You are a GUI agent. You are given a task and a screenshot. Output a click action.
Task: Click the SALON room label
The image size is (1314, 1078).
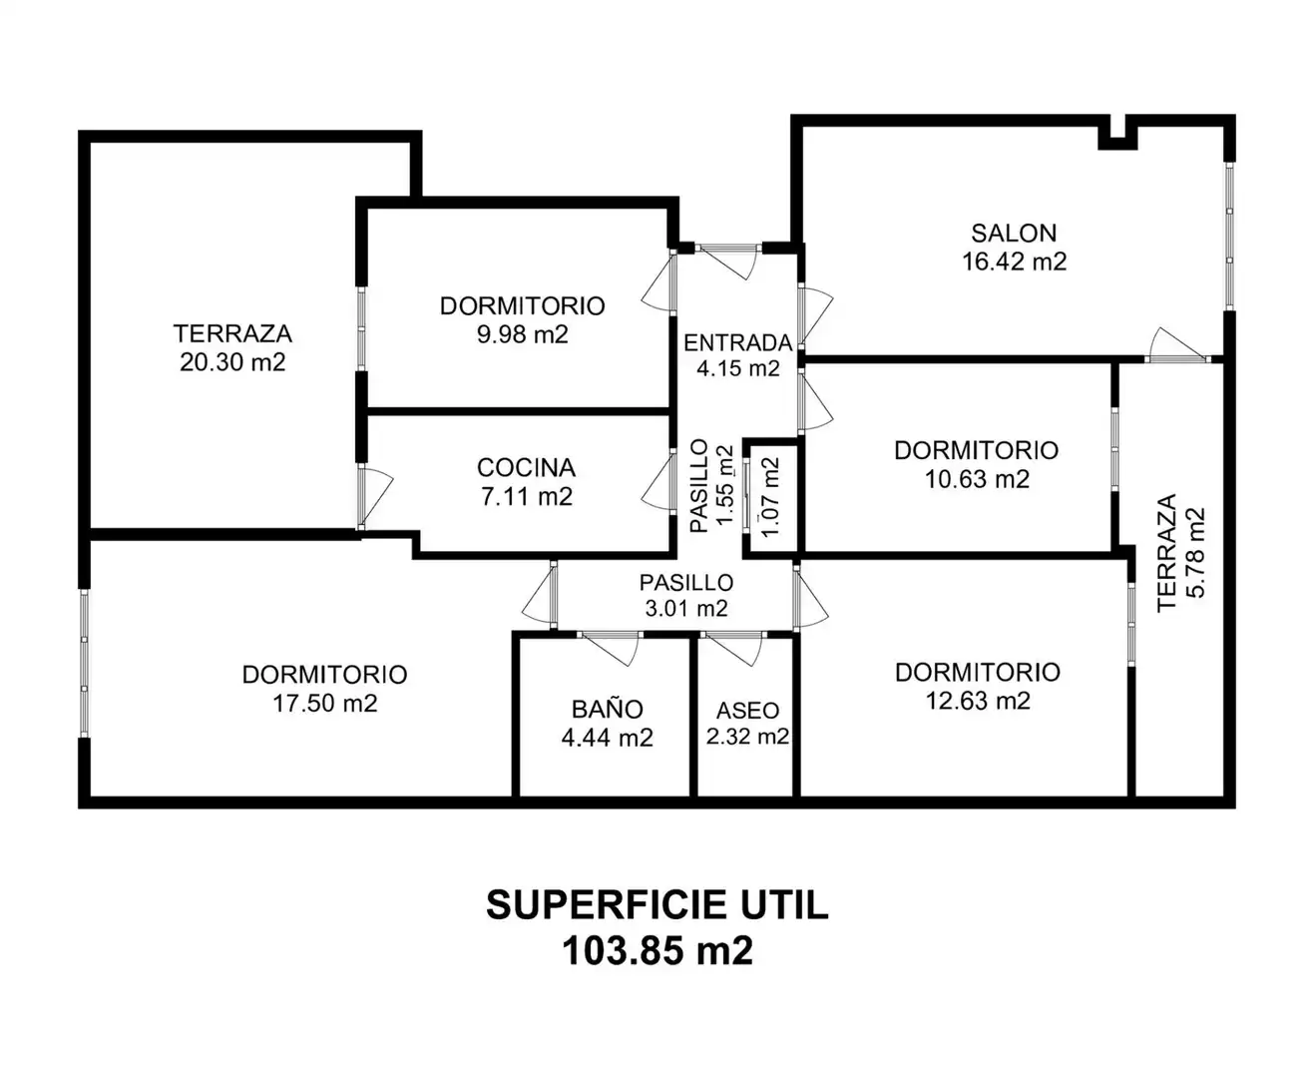pos(1014,234)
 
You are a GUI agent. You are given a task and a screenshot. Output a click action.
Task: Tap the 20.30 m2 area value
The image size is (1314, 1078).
pos(232,362)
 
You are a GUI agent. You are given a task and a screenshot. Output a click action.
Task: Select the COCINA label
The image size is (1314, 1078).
pos(526,467)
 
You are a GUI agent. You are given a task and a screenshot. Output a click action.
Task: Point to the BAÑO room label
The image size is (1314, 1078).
pos(607,708)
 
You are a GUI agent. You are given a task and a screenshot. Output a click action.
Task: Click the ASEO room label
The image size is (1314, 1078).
pos(747,710)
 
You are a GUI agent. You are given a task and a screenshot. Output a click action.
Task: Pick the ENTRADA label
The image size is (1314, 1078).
pos(737,343)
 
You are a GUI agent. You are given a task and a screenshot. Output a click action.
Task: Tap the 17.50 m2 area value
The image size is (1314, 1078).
pos(324,704)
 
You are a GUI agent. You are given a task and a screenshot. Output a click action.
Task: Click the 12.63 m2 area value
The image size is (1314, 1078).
pos(978,701)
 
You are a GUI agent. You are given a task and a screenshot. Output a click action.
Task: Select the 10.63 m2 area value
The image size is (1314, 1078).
pos(977,479)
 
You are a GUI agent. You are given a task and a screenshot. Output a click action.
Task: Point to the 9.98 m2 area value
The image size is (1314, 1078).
pos(522,334)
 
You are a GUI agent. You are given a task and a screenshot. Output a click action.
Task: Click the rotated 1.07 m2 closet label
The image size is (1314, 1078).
pos(770,497)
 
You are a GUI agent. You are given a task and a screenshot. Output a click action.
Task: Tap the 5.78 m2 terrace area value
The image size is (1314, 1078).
pos(1195,553)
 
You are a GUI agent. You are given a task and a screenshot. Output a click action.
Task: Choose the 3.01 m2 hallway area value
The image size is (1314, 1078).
pos(686,608)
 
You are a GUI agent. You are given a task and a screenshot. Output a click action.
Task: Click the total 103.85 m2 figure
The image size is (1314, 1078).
pos(657,951)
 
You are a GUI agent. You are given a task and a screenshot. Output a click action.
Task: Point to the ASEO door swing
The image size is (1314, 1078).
pos(732,649)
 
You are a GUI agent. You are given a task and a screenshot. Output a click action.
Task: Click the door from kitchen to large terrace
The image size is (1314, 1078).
pos(375,497)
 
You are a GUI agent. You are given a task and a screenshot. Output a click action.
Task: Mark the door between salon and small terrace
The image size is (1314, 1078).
pos(1177,344)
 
